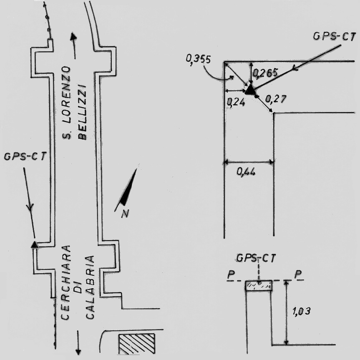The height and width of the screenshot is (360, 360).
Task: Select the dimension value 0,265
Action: pyautogui.click(x=265, y=73)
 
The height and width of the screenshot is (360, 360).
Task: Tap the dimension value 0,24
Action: pyautogui.click(x=236, y=102)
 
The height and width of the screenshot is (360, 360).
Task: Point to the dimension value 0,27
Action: pyautogui.click(x=276, y=99)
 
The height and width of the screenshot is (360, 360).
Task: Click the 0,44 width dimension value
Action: pyautogui.click(x=246, y=172)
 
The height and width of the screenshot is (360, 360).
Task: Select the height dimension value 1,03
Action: pyautogui.click(x=302, y=311)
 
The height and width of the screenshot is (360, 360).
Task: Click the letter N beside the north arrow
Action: pyautogui.click(x=125, y=214)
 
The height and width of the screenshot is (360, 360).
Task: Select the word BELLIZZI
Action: pyautogui.click(x=82, y=113)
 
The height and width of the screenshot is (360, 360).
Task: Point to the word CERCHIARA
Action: pyautogui.click(x=65, y=282)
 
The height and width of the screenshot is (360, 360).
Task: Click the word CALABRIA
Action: pyautogui.click(x=90, y=287)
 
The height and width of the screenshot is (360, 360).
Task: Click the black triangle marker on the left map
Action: pyautogui.click(x=35, y=245)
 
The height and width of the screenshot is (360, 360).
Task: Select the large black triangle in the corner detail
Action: pyautogui.click(x=250, y=90)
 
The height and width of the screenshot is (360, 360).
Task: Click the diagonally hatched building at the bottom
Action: pyautogui.click(x=136, y=344)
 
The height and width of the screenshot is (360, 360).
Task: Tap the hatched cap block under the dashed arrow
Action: pyautogui.click(x=259, y=286)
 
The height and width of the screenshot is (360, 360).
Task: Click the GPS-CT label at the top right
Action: pyautogui.click(x=334, y=37)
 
